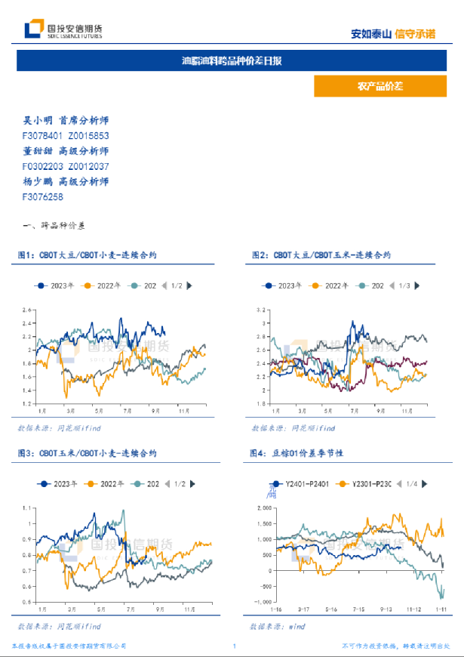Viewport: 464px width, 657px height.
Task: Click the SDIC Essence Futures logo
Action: (64, 29)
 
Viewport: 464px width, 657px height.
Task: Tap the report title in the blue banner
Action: (232, 60)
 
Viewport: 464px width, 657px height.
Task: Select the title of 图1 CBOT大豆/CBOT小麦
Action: (88, 256)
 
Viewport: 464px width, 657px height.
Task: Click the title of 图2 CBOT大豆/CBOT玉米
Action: (321, 256)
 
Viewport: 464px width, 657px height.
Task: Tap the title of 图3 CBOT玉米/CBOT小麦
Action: (88, 453)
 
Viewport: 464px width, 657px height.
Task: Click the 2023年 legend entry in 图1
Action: (57, 285)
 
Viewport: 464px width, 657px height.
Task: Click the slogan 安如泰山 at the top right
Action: (371, 33)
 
